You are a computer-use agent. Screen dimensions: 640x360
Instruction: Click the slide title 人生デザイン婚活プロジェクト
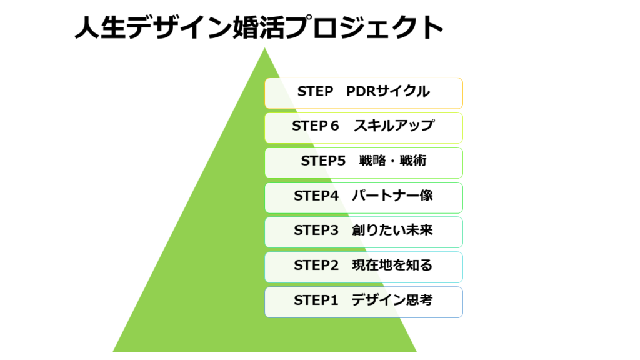coord(259,27)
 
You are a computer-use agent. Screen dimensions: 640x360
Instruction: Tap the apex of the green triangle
coord(264,48)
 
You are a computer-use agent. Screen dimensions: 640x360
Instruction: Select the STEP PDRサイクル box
coord(364,93)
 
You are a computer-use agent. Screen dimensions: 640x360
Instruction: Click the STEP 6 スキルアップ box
coord(364,127)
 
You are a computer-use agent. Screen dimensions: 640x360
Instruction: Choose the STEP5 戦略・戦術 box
coord(364,163)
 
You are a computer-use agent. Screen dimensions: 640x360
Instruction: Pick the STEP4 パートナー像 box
coord(364,197)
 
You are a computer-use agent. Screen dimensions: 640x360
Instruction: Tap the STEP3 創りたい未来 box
coord(364,232)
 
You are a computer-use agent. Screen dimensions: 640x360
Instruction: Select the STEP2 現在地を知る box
coord(364,267)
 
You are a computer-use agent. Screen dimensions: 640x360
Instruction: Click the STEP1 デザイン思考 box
coord(364,302)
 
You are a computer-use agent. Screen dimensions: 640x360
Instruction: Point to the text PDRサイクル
coord(387,91)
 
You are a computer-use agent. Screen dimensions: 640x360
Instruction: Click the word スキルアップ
coord(394,126)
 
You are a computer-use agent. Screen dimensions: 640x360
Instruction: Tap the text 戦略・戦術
coord(392,161)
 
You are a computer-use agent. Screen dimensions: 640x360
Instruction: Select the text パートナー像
coord(392,196)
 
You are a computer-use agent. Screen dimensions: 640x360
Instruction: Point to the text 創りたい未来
coord(392,230)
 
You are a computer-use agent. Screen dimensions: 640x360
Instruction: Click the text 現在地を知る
coord(392,265)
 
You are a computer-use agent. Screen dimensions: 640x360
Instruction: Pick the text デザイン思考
coord(392,300)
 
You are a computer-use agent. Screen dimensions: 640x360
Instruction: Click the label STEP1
coord(316,301)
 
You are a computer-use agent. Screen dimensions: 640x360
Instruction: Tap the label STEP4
coord(316,196)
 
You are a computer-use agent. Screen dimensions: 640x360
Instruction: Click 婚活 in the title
coord(259,27)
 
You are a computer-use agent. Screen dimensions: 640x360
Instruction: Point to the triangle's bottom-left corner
coord(113,351)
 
